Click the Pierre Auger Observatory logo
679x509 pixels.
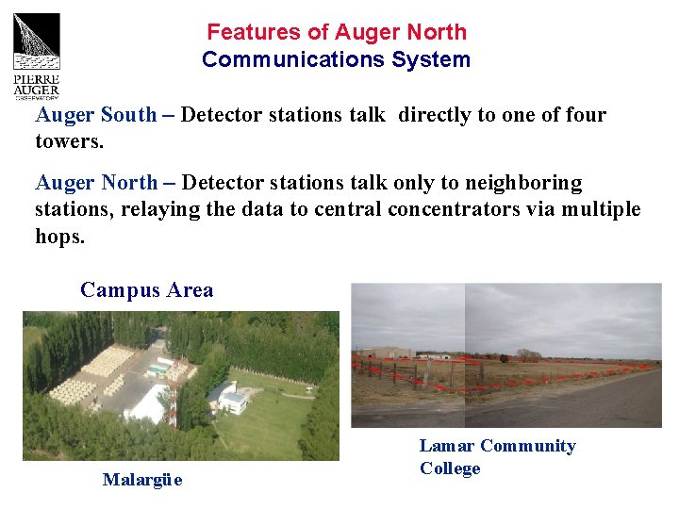tap(36, 55)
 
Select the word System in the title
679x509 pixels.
tap(435, 59)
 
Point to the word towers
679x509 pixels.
tap(68, 141)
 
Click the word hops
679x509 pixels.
tap(58, 236)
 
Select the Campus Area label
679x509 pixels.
tap(147, 290)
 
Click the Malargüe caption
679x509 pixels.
tap(142, 480)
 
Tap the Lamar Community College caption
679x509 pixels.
tap(497, 457)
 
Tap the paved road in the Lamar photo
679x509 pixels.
tap(585, 405)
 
